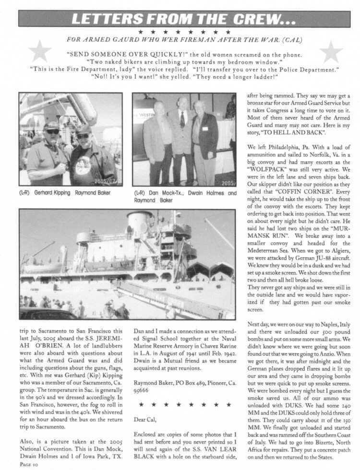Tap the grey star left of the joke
coord(40,51)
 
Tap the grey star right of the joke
coord(331,51)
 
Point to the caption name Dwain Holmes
coord(207,193)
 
